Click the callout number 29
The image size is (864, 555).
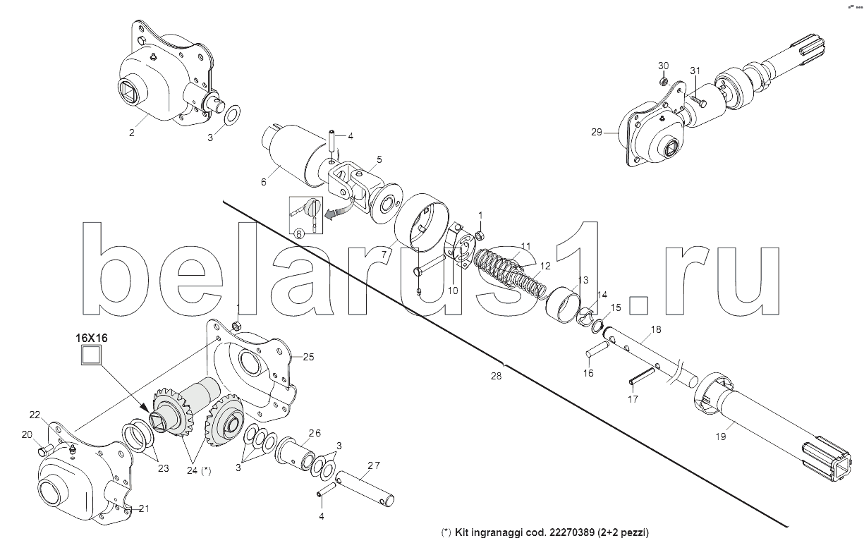pyautogui.click(x=597, y=132)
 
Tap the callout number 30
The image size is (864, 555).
pyautogui.click(x=663, y=66)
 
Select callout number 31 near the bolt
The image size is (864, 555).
pyautogui.click(x=695, y=71)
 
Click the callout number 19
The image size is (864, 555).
pyautogui.click(x=719, y=437)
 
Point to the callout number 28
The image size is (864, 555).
pyautogui.click(x=497, y=377)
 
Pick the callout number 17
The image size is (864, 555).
pyautogui.click(x=633, y=398)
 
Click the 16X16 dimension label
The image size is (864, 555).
pyautogui.click(x=92, y=338)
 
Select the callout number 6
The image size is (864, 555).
pyautogui.click(x=264, y=181)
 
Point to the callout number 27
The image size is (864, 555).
pyautogui.click(x=373, y=465)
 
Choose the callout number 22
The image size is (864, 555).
pyautogui.click(x=35, y=414)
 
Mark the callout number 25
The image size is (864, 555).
pyautogui.click(x=308, y=357)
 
